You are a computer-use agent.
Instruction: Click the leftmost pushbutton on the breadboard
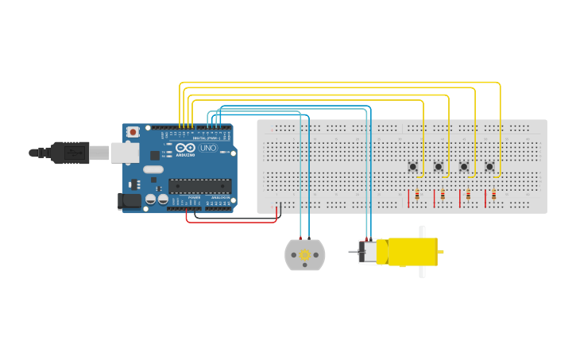[412, 166]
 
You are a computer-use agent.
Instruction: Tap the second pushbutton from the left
[438, 166]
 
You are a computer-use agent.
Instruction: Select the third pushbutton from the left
[464, 166]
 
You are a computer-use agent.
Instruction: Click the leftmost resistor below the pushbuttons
[417, 195]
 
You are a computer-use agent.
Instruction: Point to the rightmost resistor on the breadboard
[493, 195]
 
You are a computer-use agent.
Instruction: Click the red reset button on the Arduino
[133, 132]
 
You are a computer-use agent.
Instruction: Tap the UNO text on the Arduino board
[207, 148]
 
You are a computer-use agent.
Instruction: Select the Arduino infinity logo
[185, 148]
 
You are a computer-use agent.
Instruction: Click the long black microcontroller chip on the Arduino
[199, 186]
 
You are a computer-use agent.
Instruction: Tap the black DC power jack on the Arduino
[129, 201]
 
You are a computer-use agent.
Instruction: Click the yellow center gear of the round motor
[304, 254]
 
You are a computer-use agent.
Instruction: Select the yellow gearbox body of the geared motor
[412, 252]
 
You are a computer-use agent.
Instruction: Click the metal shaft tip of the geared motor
[351, 252]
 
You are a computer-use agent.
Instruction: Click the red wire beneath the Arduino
[230, 222]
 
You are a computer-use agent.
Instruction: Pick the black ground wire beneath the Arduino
[238, 216]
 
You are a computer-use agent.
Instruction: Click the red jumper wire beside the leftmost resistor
[408, 198]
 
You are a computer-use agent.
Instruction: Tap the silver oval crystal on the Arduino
[153, 169]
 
